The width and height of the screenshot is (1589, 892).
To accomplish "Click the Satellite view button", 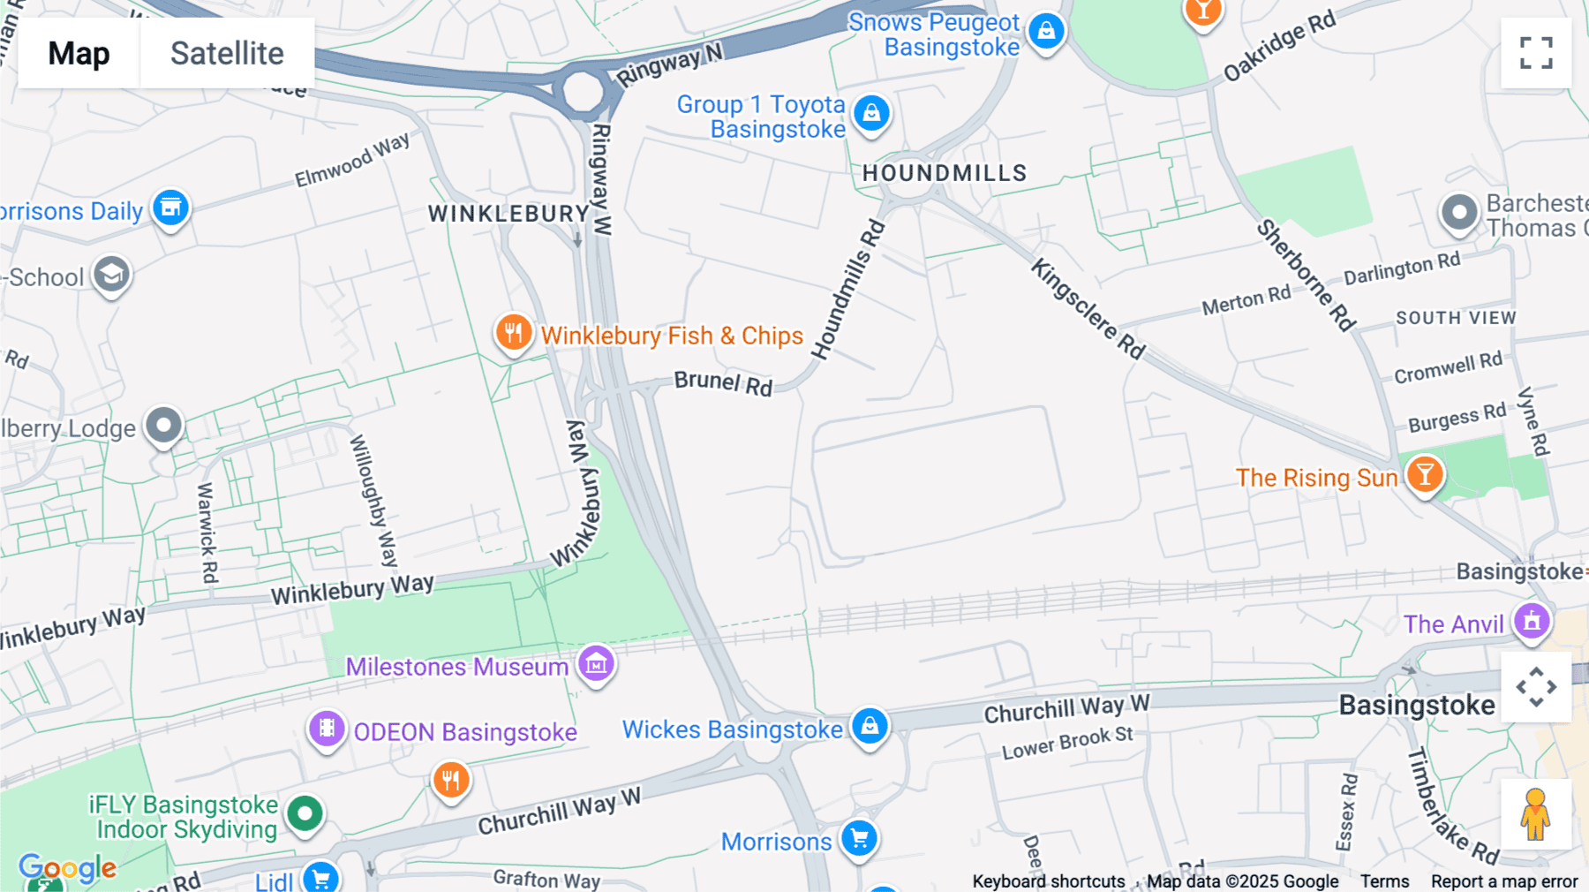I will [227, 53].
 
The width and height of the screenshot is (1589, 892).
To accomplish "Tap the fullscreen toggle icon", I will [1536, 53].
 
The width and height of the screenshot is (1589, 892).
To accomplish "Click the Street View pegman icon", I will [1536, 813].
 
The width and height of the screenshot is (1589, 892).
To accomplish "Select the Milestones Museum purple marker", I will [596, 662].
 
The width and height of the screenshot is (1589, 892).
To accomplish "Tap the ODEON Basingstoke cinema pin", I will [327, 729].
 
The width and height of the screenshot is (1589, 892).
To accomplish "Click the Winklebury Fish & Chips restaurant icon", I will [513, 333].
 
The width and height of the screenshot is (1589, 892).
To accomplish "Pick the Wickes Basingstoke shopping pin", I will [870, 727].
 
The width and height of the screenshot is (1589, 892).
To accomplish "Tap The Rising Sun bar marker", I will [1424, 474].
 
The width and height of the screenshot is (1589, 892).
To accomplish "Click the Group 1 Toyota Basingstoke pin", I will [871, 113].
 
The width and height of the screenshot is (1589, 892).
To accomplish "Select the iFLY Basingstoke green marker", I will [305, 813].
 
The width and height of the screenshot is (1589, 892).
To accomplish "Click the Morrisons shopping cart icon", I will [859, 837].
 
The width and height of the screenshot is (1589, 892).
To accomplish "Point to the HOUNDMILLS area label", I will [945, 173].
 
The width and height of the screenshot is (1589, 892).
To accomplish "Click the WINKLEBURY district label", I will [508, 214].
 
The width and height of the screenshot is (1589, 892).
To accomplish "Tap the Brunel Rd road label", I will [723, 383].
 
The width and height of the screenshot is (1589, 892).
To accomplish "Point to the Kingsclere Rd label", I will [1088, 309].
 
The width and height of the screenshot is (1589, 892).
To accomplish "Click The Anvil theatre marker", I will [1532, 622].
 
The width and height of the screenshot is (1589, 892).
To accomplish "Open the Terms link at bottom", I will [1384, 881].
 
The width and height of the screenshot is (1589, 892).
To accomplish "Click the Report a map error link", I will [1504, 881].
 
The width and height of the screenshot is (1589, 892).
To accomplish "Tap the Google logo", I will [68, 869].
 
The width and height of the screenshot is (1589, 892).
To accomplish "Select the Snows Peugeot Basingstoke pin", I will [1046, 32].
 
